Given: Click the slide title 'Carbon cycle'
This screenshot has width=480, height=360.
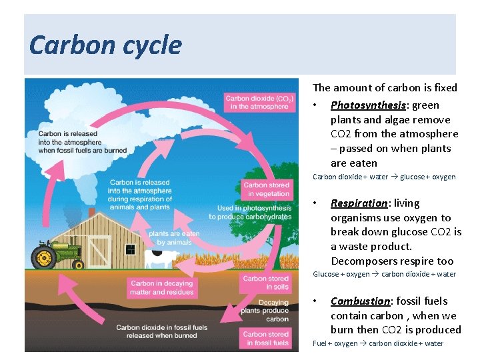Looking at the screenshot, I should (105, 45).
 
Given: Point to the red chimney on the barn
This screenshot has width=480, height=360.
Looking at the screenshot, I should (91, 212).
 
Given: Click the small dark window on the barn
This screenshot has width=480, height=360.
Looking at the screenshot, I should (130, 249).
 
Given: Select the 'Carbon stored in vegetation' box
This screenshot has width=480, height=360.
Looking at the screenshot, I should (266, 189).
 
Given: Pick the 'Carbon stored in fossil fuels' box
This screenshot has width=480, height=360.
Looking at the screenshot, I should (266, 339).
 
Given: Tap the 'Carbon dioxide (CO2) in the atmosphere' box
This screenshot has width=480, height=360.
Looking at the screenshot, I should (257, 102).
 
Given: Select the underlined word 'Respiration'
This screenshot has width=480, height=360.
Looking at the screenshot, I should (359, 203).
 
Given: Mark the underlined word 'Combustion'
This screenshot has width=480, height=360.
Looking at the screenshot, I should (361, 301).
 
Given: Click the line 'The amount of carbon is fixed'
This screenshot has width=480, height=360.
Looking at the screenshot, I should (385, 87).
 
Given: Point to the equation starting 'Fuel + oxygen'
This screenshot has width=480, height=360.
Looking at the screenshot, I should (377, 343).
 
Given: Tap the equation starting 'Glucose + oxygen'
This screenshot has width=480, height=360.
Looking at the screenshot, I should (384, 274).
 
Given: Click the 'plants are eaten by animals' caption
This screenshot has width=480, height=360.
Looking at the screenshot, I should (174, 238).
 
